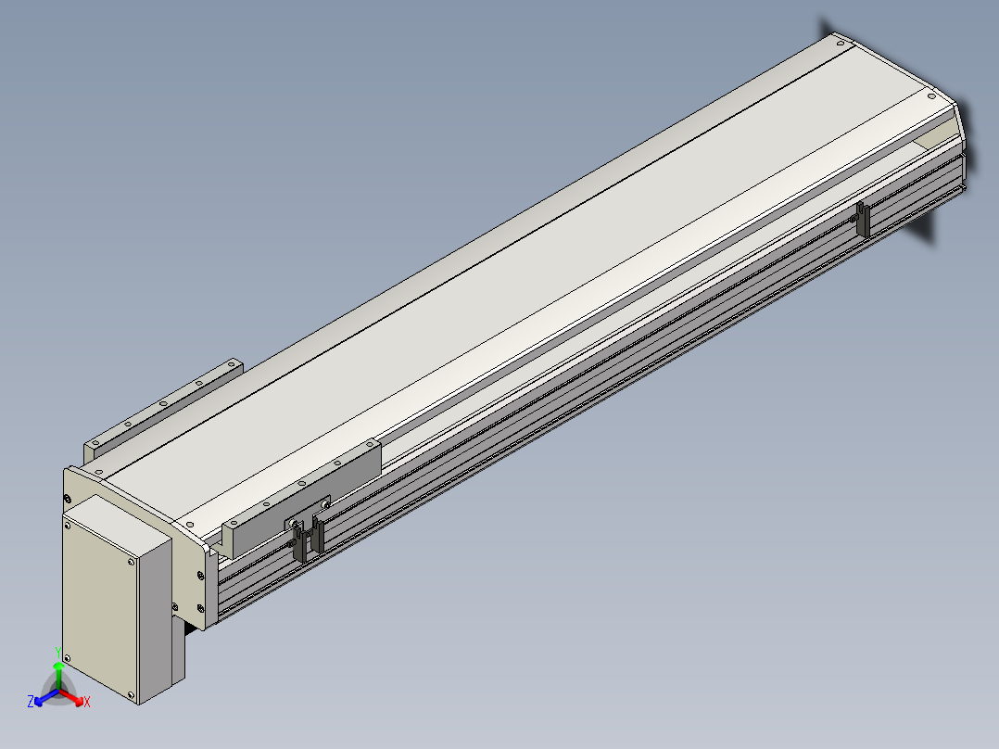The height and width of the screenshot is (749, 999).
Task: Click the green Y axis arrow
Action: (58, 675)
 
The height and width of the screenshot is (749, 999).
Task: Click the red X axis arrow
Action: (71, 697)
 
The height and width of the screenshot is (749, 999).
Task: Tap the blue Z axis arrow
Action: (46, 697)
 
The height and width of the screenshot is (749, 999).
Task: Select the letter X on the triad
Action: (87, 702)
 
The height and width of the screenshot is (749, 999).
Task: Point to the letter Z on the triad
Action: (30, 702)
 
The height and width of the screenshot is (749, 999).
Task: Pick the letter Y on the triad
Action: (58, 653)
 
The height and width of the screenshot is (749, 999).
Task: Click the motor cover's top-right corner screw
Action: (132, 562)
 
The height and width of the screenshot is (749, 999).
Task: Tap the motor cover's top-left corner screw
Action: (68, 526)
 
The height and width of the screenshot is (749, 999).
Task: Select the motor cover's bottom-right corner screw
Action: (132, 695)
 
